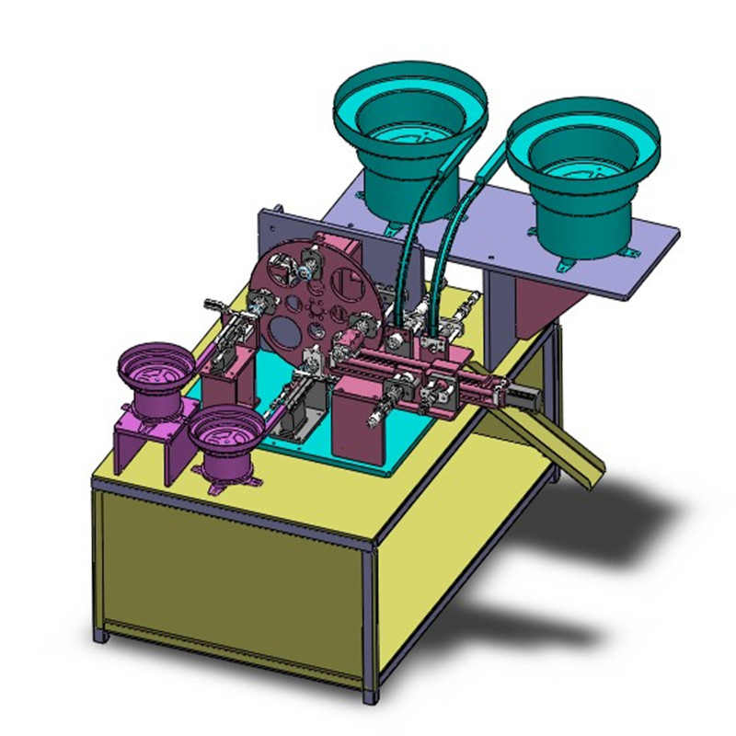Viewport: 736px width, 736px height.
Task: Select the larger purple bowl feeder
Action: click(154, 377)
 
